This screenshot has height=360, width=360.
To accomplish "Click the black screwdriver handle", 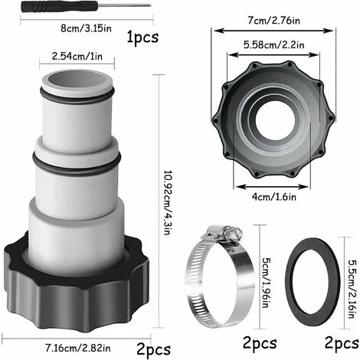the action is tap(59, 6).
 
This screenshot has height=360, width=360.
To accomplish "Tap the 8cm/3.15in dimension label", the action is tap(86, 28).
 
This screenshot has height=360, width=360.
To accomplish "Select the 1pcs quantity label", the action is tap(142, 38).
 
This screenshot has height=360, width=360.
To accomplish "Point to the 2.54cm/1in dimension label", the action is tap(77, 57).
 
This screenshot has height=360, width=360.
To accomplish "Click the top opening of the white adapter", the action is tap(77, 80).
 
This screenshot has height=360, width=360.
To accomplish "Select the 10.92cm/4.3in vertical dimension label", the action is tap(166, 203).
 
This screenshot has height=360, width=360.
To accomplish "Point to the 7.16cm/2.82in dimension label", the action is tap(78, 348).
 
